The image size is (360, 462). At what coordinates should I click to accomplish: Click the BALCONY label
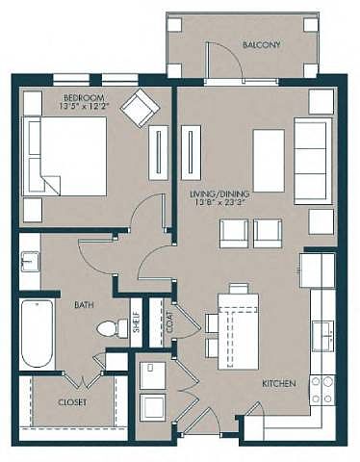(261, 44)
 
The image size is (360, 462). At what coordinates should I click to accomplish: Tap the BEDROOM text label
(84, 97)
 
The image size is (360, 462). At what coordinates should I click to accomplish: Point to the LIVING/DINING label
(219, 194)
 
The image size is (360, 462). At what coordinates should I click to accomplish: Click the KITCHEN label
(279, 383)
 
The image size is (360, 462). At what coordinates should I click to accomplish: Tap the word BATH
(84, 304)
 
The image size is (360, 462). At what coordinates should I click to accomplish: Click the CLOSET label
(72, 402)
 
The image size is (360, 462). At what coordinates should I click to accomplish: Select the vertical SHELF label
(137, 321)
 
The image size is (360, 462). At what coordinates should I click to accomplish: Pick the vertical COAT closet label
(170, 321)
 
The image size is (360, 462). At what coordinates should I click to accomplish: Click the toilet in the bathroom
(113, 328)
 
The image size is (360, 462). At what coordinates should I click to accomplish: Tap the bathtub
(37, 333)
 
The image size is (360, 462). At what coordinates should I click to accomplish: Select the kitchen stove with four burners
(322, 390)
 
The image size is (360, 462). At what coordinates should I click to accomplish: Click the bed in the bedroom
(64, 156)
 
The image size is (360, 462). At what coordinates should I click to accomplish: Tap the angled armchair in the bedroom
(140, 108)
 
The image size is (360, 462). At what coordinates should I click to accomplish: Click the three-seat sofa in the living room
(313, 161)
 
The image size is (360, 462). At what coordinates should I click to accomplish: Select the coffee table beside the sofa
(269, 161)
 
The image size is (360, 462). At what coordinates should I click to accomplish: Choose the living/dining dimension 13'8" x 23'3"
(219, 203)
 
